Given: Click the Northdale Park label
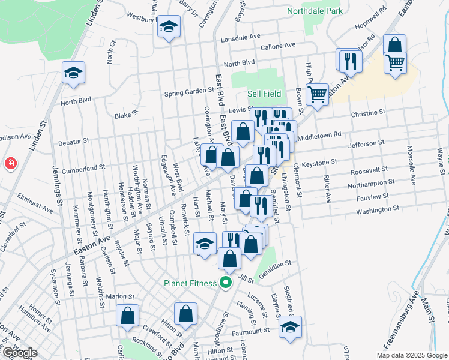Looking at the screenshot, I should click(331, 11).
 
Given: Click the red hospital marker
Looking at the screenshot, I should click(10, 163).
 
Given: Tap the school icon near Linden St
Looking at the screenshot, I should click(74, 73).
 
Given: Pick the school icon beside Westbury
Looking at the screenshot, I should click(169, 26).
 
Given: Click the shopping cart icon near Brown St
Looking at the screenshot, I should click(316, 94).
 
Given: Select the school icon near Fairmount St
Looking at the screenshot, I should click(291, 327).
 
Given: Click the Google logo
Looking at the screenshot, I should click(20, 353).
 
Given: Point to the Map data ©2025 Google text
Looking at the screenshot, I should click(411, 355).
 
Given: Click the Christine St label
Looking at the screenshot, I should click(369, 113).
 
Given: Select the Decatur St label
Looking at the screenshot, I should click(74, 143).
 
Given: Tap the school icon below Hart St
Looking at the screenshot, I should click(205, 244).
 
